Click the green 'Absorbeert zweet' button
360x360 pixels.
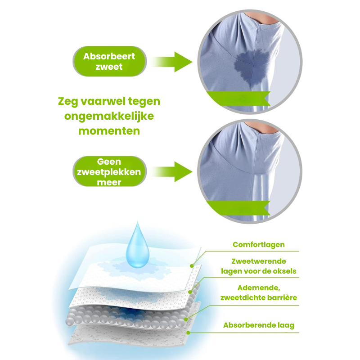tap(109, 61)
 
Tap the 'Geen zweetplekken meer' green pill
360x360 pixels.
tap(109, 171)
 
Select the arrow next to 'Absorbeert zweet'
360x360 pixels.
tap(172, 62)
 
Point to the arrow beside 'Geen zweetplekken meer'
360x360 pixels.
tap(172, 172)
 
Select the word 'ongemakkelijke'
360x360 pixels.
tap(109, 117)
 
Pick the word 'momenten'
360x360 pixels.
tap(109, 131)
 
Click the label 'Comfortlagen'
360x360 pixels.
tap(259, 245)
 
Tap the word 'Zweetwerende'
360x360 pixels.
tap(259, 261)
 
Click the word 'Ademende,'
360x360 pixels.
tap(259, 288)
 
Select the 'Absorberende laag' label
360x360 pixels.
tap(259, 325)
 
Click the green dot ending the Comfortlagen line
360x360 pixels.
tap(192, 266)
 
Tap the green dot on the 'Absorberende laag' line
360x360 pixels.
tap(188, 333)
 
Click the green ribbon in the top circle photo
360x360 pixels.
tap(238, 99)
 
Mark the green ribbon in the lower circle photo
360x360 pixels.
tap(238, 208)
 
